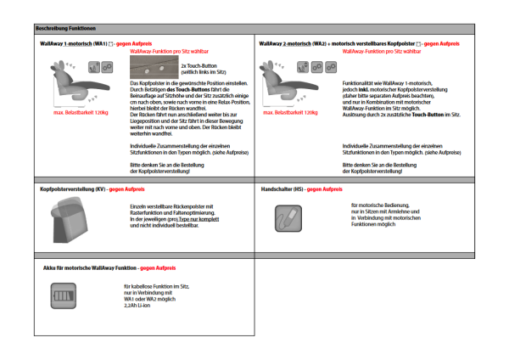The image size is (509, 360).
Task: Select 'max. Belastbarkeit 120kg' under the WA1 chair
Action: pos(81,112)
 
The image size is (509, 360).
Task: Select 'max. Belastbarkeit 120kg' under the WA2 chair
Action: pos(290,112)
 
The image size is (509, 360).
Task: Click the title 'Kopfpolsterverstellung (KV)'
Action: pos(71,188)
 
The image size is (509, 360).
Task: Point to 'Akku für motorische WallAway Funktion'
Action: pos(90,267)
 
